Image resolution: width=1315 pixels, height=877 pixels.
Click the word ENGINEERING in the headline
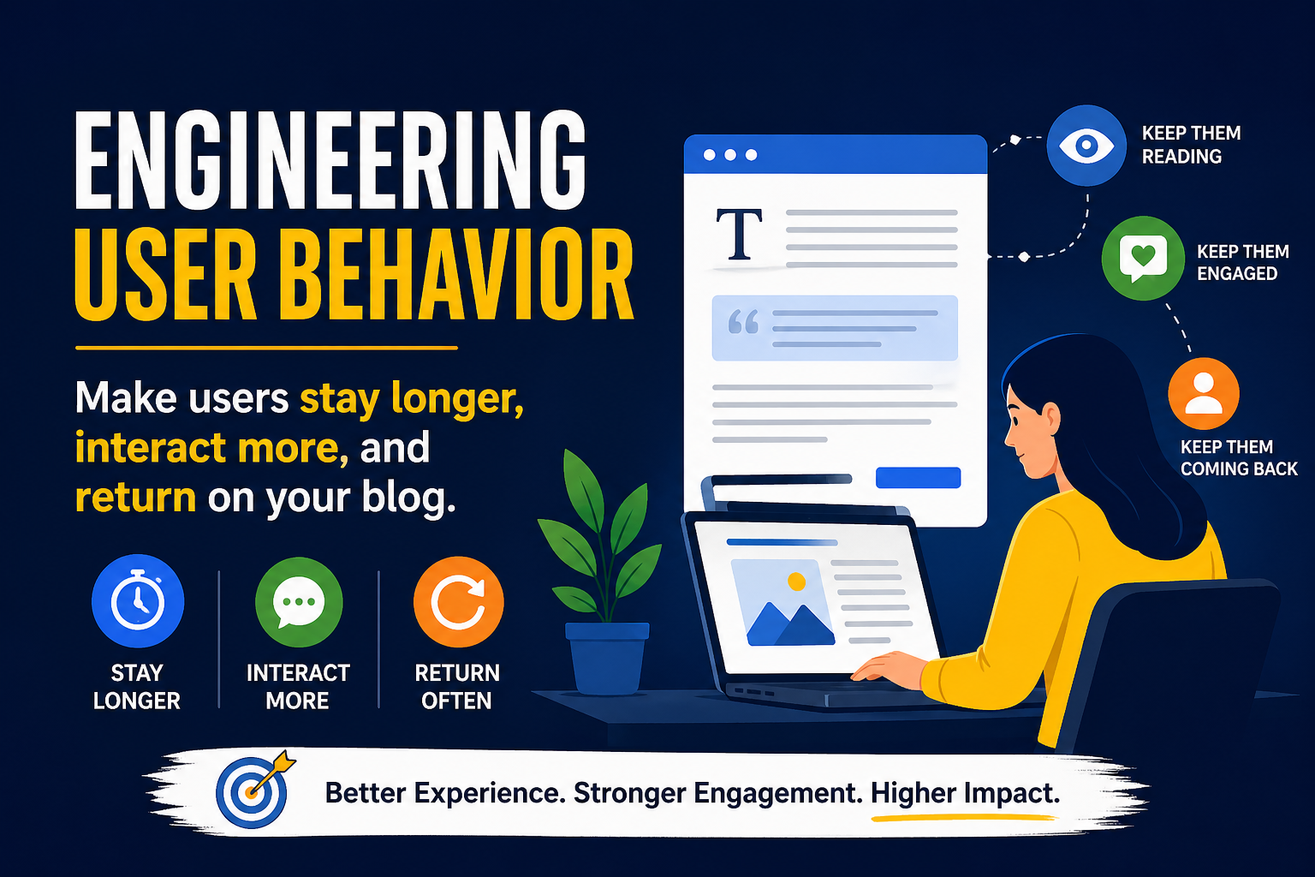click(x=330, y=162)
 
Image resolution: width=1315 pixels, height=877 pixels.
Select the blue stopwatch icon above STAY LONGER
click(x=138, y=601)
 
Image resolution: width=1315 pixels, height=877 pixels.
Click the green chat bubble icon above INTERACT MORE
click(x=299, y=601)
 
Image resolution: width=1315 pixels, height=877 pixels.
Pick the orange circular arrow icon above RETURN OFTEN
click(x=458, y=601)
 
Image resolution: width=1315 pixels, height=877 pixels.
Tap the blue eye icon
click(x=1086, y=146)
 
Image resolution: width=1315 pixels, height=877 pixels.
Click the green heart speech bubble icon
click(x=1143, y=258)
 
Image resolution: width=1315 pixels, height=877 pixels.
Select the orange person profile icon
click(x=1204, y=393)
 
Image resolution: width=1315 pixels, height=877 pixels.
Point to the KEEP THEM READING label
click(x=1190, y=145)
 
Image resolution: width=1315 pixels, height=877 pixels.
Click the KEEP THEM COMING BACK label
click(x=1238, y=458)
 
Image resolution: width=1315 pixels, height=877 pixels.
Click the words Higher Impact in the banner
click(x=965, y=794)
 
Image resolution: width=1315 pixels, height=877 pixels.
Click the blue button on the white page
click(x=918, y=477)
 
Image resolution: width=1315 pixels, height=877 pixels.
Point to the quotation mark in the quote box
click(x=743, y=322)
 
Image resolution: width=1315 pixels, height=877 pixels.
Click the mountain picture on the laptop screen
click(x=782, y=603)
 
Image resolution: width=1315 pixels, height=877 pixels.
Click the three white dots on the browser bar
click(x=729, y=155)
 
